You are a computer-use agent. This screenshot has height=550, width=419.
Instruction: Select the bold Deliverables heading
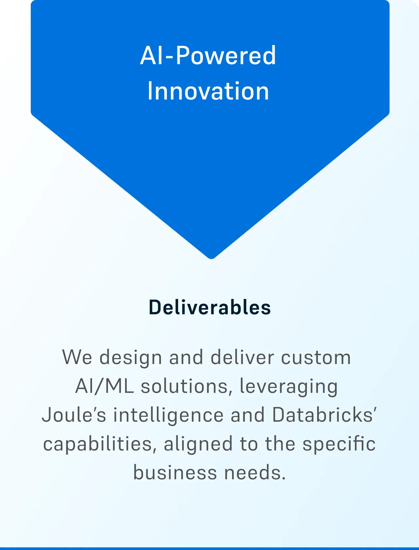coord(209,307)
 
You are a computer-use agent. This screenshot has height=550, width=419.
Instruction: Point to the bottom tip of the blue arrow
coord(211,259)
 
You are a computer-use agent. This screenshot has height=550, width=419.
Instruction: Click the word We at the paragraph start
coord(77,357)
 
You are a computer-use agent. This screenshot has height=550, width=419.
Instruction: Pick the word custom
coord(316,357)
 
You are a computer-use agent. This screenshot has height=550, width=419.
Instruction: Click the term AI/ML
coord(104,386)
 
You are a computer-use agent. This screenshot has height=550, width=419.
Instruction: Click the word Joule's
coord(74,414)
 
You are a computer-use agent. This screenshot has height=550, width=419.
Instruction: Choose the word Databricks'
coord(324,414)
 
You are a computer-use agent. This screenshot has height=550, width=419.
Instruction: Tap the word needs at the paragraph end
coord(255,472)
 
